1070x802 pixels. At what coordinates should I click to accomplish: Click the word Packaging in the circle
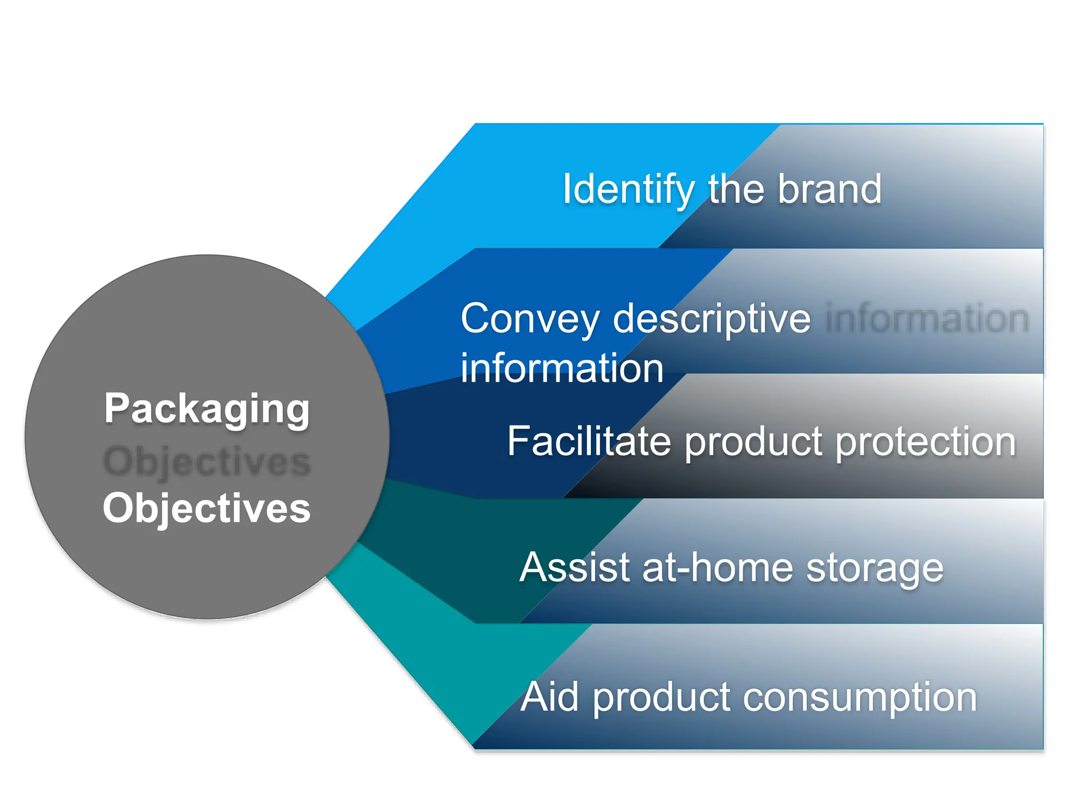click(207, 409)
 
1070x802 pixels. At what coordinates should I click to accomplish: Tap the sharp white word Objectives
click(207, 508)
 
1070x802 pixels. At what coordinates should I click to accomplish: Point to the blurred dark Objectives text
click(207, 462)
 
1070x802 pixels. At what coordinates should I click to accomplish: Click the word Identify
click(628, 190)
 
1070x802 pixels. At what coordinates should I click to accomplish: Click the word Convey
click(530, 319)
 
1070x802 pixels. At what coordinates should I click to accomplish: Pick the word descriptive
click(712, 319)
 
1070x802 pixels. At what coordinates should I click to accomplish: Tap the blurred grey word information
click(927, 319)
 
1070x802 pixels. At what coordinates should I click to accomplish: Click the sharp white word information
click(562, 368)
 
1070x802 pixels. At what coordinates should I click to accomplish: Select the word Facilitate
click(589, 441)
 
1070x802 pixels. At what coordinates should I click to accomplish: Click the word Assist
click(575, 568)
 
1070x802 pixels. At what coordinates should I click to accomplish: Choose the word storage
click(875, 569)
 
